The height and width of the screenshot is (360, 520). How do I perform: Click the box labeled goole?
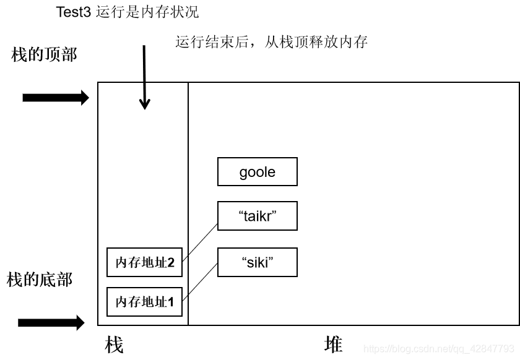point(257,172)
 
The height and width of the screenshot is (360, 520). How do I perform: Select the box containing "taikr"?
point(257,216)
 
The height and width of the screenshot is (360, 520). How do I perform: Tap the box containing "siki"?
point(257,262)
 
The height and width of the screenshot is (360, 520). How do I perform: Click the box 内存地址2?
point(145,262)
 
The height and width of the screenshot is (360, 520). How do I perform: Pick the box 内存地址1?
point(145,302)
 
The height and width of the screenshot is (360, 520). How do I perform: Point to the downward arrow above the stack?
point(144,77)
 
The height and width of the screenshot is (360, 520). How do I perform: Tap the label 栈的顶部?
point(44,54)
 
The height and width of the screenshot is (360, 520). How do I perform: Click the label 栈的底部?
point(40,280)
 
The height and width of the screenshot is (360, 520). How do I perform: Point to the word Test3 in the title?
point(74,12)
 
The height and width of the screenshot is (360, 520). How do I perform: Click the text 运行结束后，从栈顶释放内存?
point(272,42)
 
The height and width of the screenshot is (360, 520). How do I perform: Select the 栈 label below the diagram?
point(114,345)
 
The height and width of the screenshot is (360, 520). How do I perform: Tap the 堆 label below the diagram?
point(333,344)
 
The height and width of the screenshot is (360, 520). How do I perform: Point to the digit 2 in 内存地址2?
point(170,263)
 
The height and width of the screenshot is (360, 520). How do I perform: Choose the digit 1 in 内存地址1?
point(170,303)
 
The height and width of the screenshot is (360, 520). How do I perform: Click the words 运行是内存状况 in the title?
point(148,12)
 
